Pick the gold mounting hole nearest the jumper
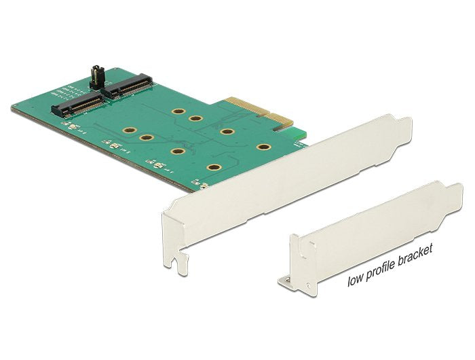178,111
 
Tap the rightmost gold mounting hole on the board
263,147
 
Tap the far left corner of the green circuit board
13,107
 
